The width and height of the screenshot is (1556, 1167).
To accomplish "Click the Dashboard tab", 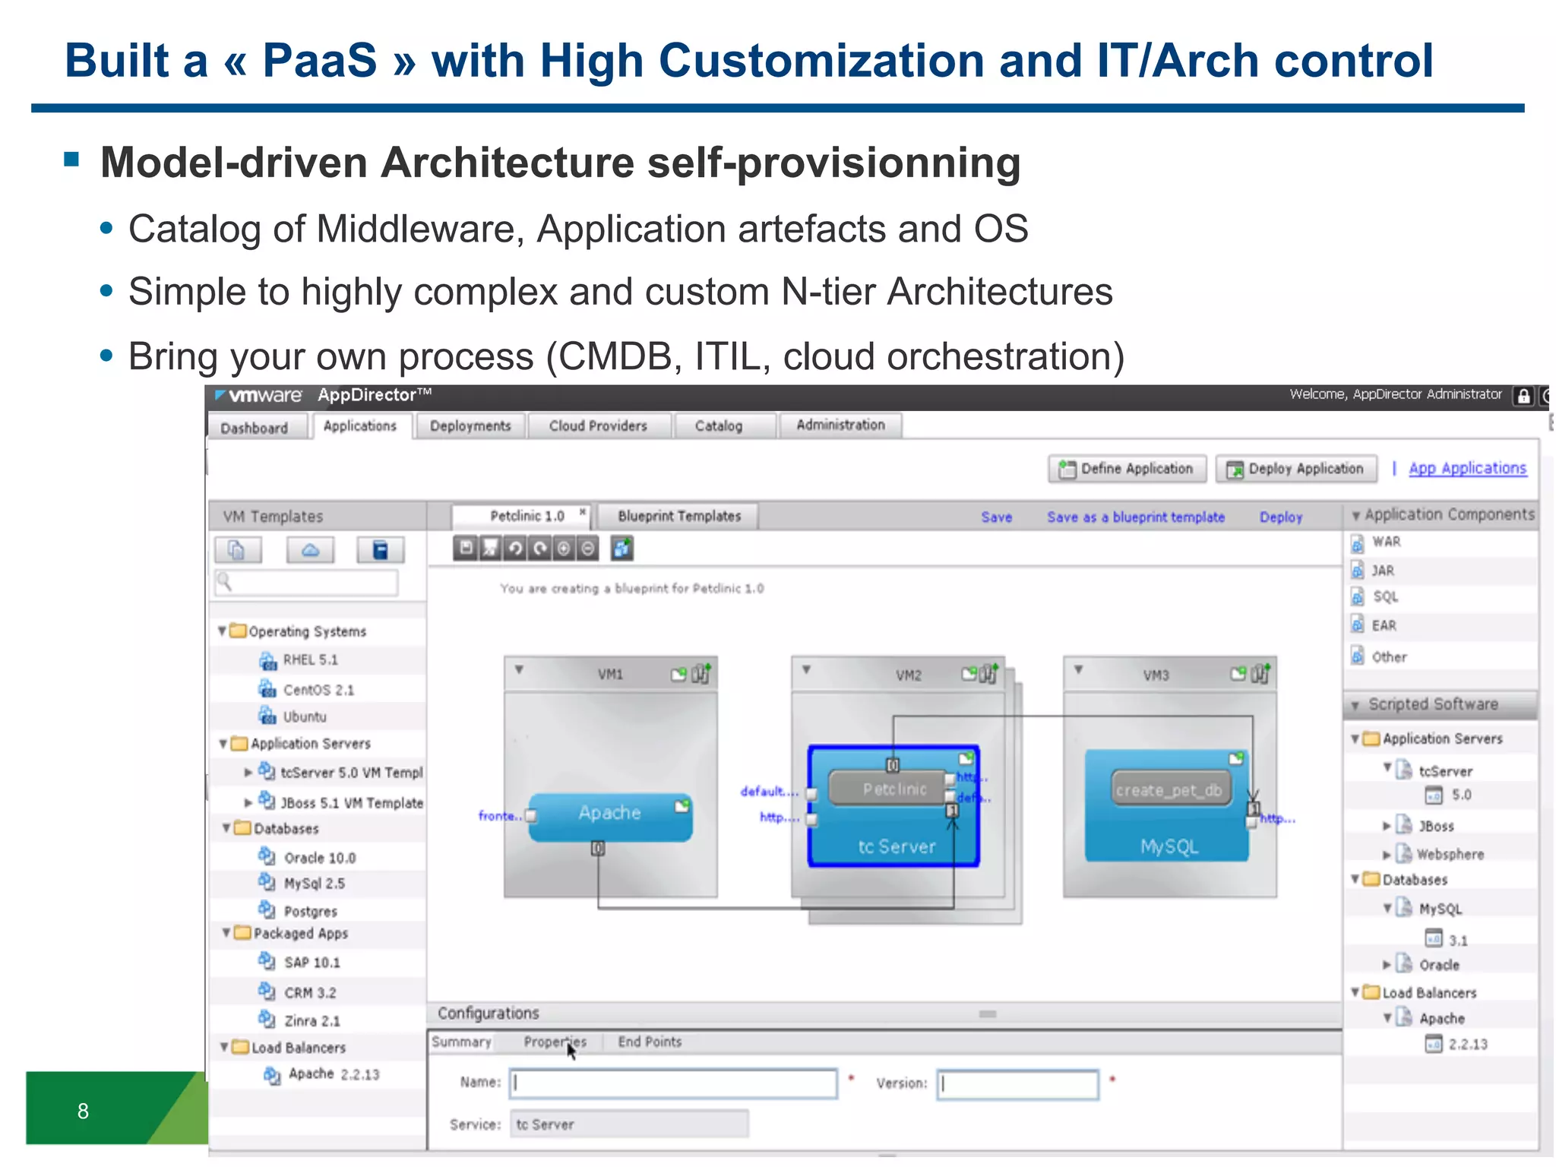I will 255,428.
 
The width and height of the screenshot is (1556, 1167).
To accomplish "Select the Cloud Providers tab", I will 598,426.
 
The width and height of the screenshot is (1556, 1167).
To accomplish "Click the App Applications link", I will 1467,469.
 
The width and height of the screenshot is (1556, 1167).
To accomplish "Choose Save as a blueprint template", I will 1135,517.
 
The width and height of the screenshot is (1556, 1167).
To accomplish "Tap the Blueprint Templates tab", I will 678,517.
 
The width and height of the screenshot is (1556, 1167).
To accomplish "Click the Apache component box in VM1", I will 610,814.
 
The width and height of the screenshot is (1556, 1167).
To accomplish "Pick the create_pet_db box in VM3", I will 1169,791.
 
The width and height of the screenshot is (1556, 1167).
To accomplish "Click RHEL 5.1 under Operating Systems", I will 310,660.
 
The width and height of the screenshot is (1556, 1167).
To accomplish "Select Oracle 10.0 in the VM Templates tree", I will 319,858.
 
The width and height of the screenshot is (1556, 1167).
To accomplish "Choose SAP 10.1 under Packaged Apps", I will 312,963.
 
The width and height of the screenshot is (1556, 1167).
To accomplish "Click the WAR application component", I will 1386,542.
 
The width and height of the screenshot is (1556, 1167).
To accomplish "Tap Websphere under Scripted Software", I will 1449,855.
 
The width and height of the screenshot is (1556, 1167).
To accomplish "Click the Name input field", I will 673,1083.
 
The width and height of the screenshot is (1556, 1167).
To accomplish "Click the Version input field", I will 1017,1084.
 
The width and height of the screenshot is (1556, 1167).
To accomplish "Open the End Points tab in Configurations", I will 649,1042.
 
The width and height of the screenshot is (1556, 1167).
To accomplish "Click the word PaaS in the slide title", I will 319,61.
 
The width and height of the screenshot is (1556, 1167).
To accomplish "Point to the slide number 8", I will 84,1112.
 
